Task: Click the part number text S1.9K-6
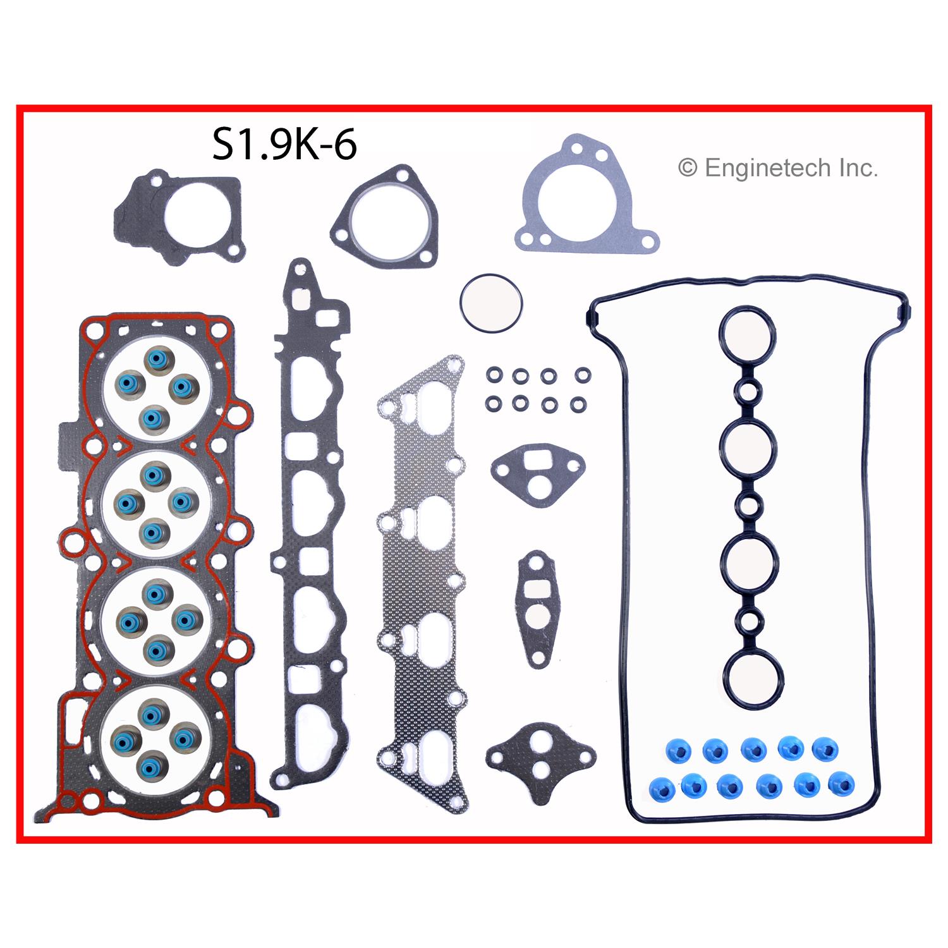(x=284, y=145)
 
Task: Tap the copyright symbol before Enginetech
(x=687, y=168)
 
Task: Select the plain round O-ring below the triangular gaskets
(x=491, y=302)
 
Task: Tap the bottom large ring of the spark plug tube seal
(x=754, y=681)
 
